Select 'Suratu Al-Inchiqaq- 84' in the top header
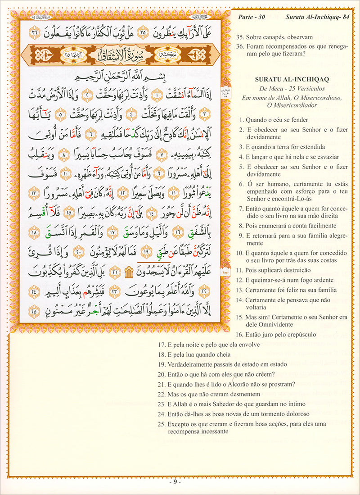tap(317, 18)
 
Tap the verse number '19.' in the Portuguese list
tap(162, 364)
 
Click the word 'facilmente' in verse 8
tap(319, 226)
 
